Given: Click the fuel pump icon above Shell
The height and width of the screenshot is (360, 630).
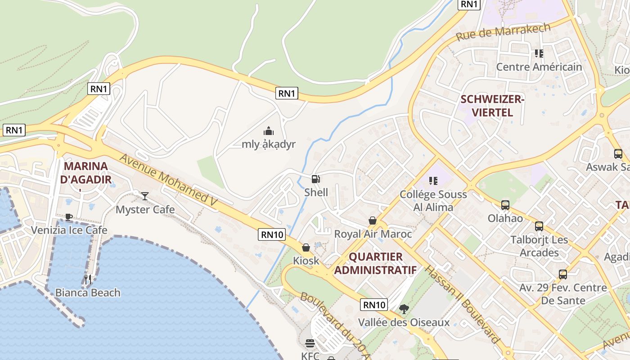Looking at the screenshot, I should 316,179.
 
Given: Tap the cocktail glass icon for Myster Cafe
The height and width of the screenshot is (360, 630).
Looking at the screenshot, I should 145,196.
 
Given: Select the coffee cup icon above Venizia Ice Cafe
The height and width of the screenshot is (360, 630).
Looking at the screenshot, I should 69,217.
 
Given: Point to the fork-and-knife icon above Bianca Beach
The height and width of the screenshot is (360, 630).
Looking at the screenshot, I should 88,279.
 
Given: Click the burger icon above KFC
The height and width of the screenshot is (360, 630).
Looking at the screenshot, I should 310,343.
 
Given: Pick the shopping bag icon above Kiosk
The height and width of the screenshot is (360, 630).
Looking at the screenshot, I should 306,247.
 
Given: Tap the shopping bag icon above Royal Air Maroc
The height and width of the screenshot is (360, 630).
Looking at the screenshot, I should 373,220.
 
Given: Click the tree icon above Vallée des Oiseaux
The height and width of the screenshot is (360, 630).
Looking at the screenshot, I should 404,309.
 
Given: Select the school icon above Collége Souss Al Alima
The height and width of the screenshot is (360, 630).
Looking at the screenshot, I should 433,181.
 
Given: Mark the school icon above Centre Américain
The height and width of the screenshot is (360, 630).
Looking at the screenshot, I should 539,54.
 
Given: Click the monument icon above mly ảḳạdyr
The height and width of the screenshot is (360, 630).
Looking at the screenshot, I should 269,131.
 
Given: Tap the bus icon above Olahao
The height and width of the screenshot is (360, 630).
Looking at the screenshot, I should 505,205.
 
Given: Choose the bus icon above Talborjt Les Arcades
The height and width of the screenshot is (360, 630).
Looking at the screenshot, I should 539,226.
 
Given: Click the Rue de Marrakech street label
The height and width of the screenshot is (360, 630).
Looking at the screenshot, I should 503,31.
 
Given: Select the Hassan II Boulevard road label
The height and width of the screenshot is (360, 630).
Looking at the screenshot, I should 462,304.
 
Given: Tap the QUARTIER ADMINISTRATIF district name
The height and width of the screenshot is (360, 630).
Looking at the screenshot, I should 375,263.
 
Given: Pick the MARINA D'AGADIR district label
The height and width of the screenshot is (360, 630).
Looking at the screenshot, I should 86,173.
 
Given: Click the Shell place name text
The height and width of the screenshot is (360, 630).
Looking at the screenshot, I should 316,193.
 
